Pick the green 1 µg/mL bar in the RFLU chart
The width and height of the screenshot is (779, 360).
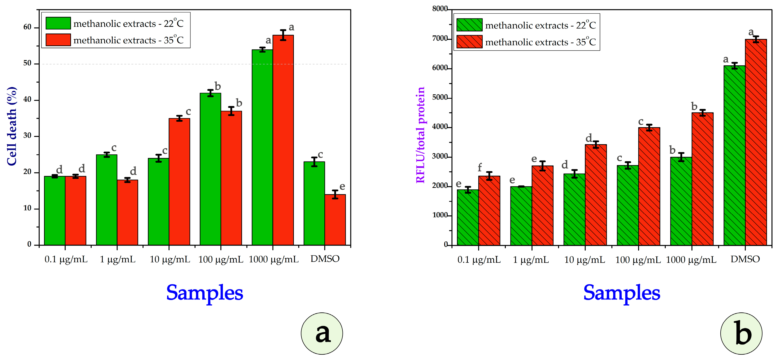[521, 216]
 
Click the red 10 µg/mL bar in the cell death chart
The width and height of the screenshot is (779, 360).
[179, 181]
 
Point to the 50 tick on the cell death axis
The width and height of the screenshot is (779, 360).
[27, 63]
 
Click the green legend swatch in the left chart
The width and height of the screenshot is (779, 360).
[58, 23]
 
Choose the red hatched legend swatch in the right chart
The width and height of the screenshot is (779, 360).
[469, 42]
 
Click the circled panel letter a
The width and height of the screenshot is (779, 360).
[322, 334]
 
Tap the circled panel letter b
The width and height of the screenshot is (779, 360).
[741, 334]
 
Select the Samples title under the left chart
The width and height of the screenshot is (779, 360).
[205, 293]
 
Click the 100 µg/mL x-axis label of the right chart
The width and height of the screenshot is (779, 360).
[638, 260]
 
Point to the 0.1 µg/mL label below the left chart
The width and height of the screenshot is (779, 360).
[66, 259]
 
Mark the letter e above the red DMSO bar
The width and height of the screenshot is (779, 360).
[342, 186]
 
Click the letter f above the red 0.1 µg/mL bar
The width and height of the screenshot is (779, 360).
[480, 167]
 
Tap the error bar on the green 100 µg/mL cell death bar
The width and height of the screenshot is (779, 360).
[210, 93]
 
